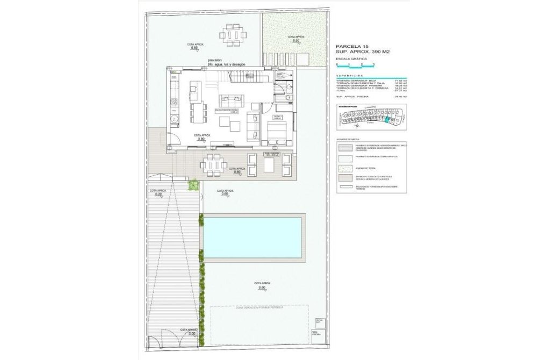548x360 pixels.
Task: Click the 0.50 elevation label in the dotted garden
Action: pyautogui.click(x=295, y=41)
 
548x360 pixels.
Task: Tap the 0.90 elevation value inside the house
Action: pyautogui.click(x=201, y=139)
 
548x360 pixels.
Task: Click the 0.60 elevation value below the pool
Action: pyautogui.click(x=262, y=287)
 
